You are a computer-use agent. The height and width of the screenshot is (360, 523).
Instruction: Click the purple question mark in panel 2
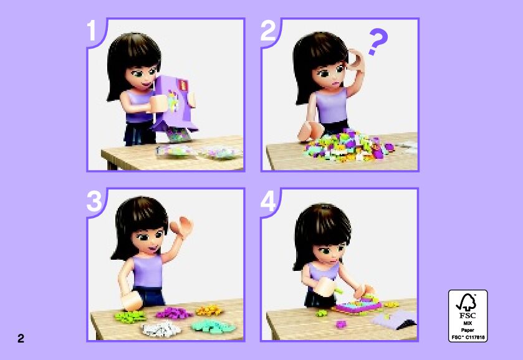[x=378, y=40]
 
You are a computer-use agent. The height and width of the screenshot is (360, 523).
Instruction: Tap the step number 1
[x=92, y=31]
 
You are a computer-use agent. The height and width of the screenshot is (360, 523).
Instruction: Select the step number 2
[x=268, y=31]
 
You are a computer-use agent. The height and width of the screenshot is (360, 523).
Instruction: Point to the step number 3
[x=94, y=201]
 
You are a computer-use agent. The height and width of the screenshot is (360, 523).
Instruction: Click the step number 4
[x=269, y=201]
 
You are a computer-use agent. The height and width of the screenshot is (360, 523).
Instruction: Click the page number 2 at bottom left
[x=21, y=338]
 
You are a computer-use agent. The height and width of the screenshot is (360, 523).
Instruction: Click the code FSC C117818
[x=468, y=337]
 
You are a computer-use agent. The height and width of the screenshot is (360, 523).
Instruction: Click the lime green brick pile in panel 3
[x=130, y=316]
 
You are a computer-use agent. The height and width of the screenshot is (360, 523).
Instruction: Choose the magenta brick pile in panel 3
[x=174, y=313]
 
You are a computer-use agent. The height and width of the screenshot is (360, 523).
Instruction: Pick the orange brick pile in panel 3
[x=209, y=311]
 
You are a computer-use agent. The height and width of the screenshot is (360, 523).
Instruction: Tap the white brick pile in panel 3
[x=161, y=329]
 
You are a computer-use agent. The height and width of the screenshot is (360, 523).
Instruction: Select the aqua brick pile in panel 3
[x=213, y=326]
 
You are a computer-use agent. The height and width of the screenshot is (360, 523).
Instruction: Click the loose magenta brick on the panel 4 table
[x=340, y=324]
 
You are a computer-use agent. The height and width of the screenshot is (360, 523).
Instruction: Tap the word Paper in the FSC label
[x=468, y=330]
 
